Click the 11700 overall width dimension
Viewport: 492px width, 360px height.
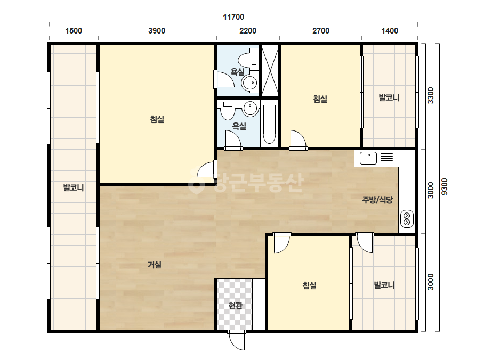pyautogui.click(x=233, y=17)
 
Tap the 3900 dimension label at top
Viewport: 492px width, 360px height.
pyautogui.click(x=157, y=31)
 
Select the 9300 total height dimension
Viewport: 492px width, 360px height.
pyautogui.click(x=445, y=187)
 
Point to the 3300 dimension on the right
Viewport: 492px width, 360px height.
pyautogui.click(x=431, y=96)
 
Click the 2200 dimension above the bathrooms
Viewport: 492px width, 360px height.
pyautogui.click(x=248, y=31)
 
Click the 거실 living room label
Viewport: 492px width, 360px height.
pyautogui.click(x=155, y=265)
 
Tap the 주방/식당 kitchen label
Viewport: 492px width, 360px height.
pyautogui.click(x=377, y=200)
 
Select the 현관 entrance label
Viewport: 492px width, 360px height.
pyautogui.click(x=235, y=305)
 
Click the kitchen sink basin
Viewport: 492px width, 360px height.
pyautogui.click(x=368, y=158)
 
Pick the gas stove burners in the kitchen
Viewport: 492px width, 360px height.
pyautogui.click(x=407, y=218)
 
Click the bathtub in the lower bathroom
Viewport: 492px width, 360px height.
pyautogui.click(x=269, y=124)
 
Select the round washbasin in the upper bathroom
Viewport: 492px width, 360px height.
pyautogui.click(x=250, y=83)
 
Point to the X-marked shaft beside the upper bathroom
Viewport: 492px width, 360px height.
pyautogui.click(x=270, y=70)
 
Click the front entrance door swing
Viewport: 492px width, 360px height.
pyautogui.click(x=237, y=340)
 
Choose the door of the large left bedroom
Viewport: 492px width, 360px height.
pyautogui.click(x=207, y=170)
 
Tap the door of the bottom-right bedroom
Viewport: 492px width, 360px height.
pyautogui.click(x=281, y=243)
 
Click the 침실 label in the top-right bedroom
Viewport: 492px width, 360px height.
pyautogui.click(x=320, y=99)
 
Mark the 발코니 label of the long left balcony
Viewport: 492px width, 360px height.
pyautogui.click(x=74, y=187)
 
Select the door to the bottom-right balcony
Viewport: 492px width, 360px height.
pyautogui.click(x=364, y=242)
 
